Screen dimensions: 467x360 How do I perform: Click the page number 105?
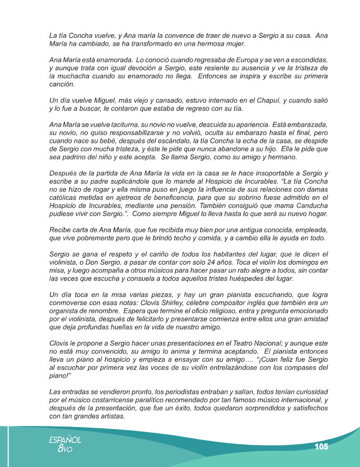point(321,447)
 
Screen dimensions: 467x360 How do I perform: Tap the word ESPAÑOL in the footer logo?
point(65,439)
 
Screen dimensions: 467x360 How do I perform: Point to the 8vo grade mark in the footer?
point(65,449)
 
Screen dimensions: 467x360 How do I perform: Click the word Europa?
point(250,61)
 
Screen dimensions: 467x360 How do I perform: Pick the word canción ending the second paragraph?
point(62,84)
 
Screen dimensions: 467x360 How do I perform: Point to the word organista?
point(65,309)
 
